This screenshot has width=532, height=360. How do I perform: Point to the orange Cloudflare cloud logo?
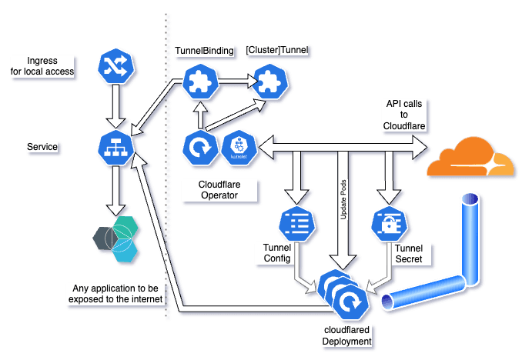(x=470, y=159)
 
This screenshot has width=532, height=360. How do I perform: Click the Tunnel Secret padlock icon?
(x=388, y=223)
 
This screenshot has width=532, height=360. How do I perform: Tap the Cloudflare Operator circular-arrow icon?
(x=199, y=147)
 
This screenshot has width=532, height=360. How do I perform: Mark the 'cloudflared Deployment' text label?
(x=347, y=335)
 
